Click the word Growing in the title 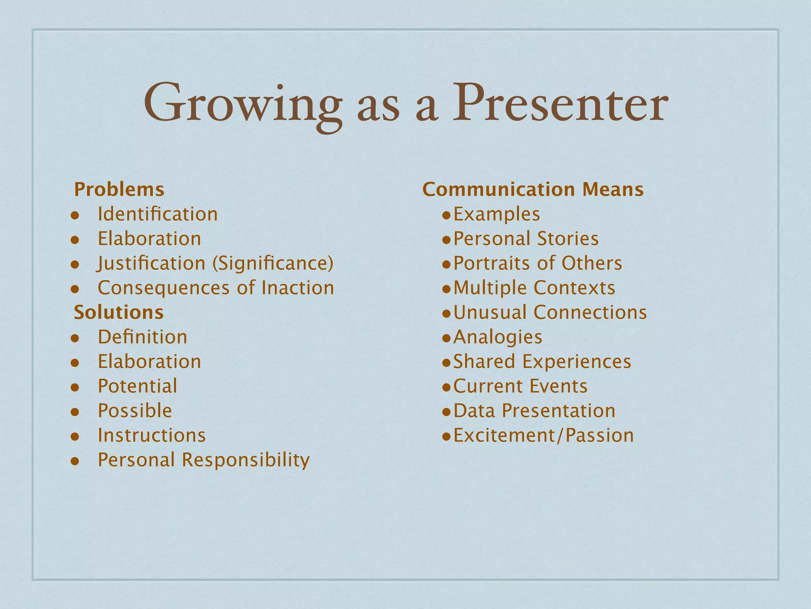[242, 104]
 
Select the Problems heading [119, 190]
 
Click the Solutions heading [119, 312]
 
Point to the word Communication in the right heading [499, 190]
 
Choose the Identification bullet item [158, 214]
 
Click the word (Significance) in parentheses [273, 264]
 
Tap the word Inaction [297, 288]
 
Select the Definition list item [143, 337]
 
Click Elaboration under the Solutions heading [149, 362]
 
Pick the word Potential [137, 386]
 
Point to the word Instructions [152, 435]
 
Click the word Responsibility [246, 460]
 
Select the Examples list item [497, 214]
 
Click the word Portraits [491, 263]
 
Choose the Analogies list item [498, 337]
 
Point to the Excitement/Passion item [543, 435]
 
